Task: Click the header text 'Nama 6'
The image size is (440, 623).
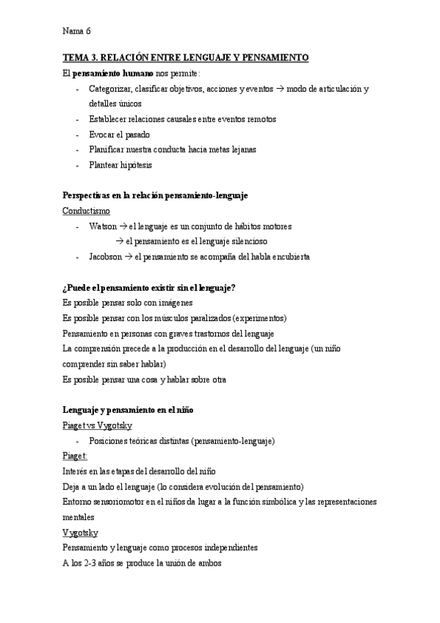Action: point(76,31)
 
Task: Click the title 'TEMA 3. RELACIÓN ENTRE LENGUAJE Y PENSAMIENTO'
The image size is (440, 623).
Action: point(185,57)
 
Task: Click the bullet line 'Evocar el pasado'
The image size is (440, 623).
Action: point(119,134)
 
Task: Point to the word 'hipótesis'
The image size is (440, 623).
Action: point(135,165)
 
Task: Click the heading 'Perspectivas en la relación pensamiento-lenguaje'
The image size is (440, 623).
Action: point(156,195)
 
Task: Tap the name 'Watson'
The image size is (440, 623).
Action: point(102,226)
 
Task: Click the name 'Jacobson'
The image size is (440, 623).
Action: point(107,257)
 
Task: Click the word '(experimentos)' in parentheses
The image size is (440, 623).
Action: point(260,318)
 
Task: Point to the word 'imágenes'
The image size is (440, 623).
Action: point(174,303)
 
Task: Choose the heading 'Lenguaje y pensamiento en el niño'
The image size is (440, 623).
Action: point(129,410)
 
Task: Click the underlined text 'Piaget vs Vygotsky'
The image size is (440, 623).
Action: point(98,425)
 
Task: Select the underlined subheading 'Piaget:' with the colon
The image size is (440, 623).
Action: point(76,456)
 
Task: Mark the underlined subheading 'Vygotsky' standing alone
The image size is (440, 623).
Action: point(82,533)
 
